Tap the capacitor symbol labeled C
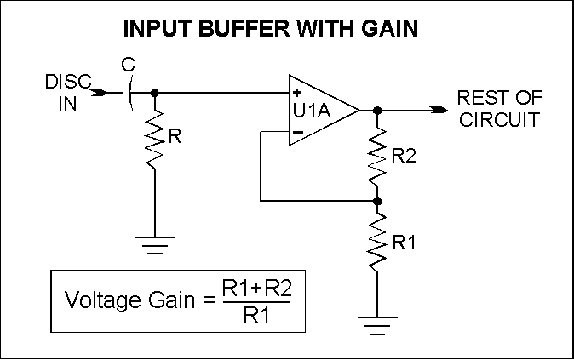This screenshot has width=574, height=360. (127, 93)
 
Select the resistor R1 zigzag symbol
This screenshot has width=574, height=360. (378, 243)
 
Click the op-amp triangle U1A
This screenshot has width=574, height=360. (319, 110)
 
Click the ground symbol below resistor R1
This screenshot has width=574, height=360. (378, 322)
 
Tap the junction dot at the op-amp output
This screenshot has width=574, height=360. (378, 110)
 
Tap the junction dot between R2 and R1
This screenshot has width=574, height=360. (378, 202)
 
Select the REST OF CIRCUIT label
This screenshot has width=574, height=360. (499, 107)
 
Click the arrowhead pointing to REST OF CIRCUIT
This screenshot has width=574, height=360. (439, 110)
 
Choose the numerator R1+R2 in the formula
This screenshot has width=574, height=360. (256, 289)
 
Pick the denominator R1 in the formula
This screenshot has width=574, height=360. (256, 316)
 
